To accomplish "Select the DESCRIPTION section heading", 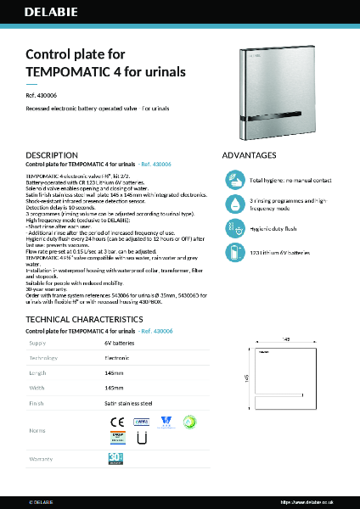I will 52,156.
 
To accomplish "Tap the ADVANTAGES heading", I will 249,156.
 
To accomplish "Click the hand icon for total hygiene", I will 235,180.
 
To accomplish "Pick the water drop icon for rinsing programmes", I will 235,204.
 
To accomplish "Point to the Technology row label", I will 44,359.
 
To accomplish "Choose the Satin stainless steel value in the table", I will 128,405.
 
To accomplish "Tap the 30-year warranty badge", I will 116,459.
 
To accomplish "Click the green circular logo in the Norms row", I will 190,420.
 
